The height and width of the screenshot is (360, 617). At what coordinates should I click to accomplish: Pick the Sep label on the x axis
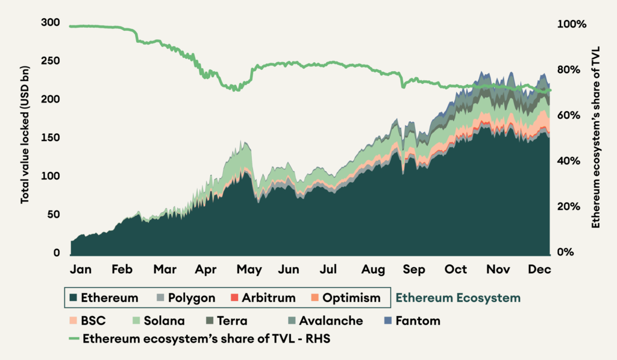[414, 269]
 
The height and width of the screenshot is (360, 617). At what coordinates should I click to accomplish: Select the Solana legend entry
[163, 321]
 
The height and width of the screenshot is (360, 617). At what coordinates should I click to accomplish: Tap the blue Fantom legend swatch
[388, 321]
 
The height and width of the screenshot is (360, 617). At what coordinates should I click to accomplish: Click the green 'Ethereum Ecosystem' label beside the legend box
[458, 298]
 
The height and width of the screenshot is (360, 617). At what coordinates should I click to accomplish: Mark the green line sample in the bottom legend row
[74, 338]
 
